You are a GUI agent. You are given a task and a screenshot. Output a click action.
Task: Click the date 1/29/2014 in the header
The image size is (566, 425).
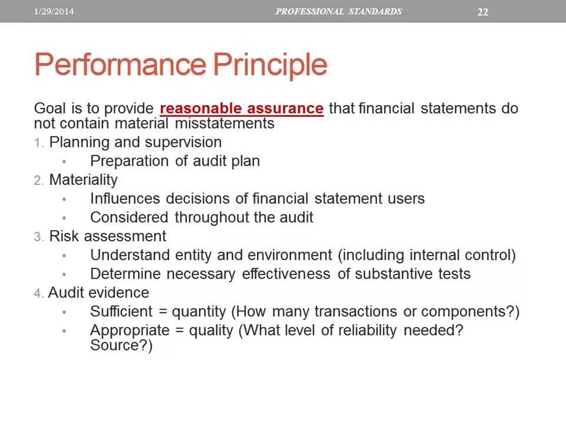click(54, 11)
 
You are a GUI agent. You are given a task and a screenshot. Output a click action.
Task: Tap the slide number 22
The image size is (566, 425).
click(482, 12)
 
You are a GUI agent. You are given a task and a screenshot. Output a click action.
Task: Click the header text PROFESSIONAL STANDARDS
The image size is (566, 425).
click(338, 11)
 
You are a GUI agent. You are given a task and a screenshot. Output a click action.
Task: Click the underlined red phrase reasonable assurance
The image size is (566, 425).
click(241, 109)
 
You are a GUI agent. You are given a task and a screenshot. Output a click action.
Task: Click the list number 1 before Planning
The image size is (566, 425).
click(38, 143)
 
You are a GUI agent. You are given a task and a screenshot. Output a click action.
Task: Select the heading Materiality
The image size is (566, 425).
click(83, 179)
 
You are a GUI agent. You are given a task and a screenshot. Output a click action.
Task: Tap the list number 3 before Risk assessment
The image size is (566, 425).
click(38, 237)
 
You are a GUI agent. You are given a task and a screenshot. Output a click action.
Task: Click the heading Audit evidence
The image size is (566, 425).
click(98, 293)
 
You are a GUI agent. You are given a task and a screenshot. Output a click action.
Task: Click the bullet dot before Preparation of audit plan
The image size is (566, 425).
click(64, 161)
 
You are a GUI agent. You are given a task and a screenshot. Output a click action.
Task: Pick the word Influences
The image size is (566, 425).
click(126, 198)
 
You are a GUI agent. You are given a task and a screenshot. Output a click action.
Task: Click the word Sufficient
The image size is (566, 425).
click(121, 311)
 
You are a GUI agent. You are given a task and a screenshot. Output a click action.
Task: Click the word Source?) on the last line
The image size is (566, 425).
click(121, 345)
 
